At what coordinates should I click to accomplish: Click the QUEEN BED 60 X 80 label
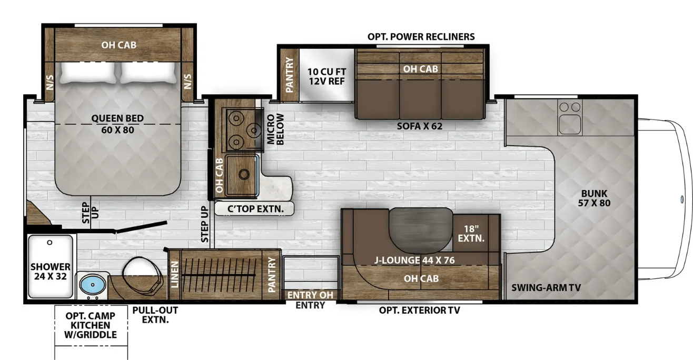[117, 124]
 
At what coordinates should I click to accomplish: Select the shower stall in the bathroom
[51, 266]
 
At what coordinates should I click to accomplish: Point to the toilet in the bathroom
[143, 275]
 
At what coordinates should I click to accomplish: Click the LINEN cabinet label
[175, 274]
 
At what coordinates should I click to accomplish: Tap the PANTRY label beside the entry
[272, 274]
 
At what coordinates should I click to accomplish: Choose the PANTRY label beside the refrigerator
[289, 75]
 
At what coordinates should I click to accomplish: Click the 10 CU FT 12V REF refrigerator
[326, 75]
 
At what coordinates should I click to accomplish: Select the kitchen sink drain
[244, 174]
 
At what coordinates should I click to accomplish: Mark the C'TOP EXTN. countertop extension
[255, 209]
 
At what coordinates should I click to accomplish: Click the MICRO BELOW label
[275, 129]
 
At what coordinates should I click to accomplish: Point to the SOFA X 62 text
[420, 126]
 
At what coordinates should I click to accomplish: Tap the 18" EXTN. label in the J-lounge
[471, 234]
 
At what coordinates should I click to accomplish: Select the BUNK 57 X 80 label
[595, 198]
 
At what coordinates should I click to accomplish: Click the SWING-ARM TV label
[546, 287]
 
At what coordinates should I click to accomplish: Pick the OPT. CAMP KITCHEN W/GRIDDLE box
[91, 325]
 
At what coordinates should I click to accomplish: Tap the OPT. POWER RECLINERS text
[421, 37]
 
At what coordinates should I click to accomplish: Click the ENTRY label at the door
[310, 305]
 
